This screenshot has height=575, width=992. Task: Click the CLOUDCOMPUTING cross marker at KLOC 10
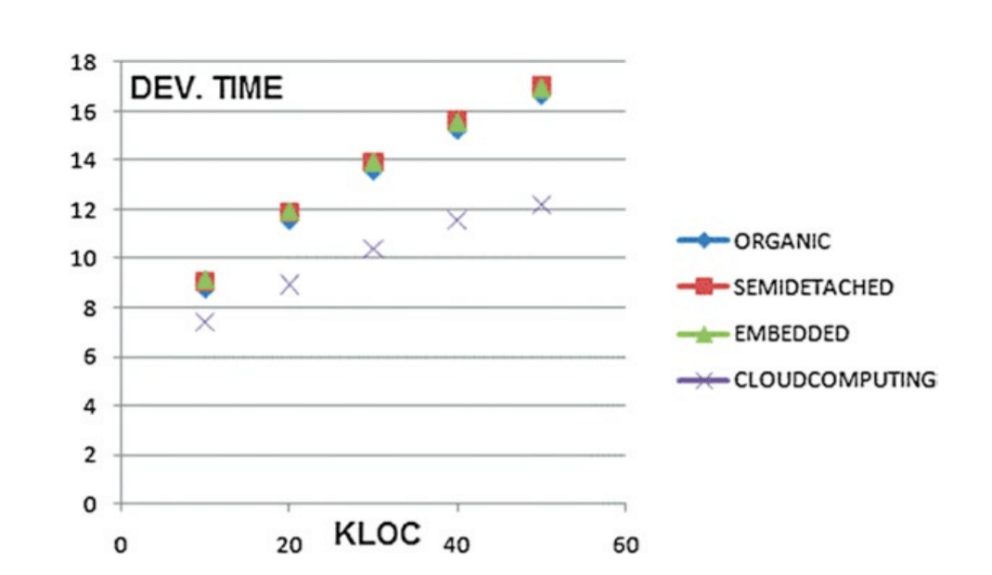click(205, 322)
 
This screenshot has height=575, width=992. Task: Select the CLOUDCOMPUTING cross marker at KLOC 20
click(290, 285)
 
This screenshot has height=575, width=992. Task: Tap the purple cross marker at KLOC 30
click(373, 249)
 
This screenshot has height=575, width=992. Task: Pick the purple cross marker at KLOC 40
click(457, 220)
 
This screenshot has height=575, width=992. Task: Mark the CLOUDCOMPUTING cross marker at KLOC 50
click(541, 205)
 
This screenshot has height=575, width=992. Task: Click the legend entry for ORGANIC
click(781, 241)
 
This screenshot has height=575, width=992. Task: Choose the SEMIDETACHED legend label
click(813, 287)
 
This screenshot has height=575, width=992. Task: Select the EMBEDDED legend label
click(791, 334)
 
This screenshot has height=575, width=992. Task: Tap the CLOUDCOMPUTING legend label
click(833, 379)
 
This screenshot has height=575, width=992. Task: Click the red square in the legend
click(704, 287)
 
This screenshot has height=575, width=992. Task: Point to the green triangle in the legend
click(704, 333)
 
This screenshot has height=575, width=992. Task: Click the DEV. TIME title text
click(206, 88)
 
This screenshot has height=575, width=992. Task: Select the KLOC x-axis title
click(377, 533)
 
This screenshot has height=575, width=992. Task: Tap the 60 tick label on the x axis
click(625, 545)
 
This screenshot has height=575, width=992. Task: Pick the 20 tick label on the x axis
click(290, 545)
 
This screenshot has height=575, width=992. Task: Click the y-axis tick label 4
click(89, 406)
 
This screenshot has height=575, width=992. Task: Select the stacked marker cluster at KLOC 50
click(541, 89)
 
